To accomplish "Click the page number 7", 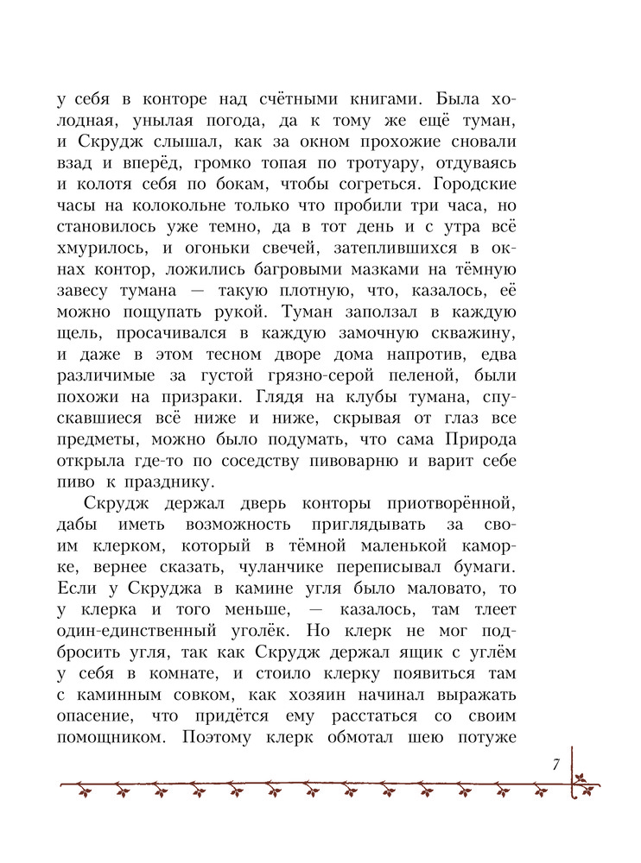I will coord(557,763).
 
